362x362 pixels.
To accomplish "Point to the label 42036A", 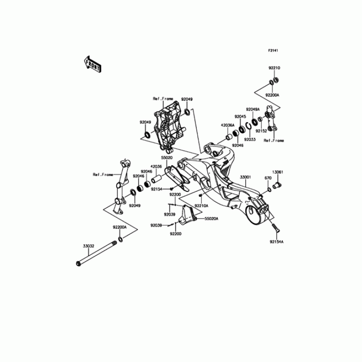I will (227, 125).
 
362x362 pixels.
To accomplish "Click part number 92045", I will (240, 116).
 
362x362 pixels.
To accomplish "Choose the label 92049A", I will (252, 110).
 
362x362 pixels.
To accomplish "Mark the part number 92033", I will (250, 140).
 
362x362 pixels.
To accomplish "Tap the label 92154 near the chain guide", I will (157, 189).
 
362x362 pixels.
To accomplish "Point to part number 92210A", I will (201, 205).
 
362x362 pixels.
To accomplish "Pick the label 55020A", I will (211, 219).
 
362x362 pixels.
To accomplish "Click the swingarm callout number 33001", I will (245, 177).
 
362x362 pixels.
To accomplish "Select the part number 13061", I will (277, 172).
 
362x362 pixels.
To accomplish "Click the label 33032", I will (88, 246).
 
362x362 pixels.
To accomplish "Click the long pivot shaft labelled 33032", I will (95, 254).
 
